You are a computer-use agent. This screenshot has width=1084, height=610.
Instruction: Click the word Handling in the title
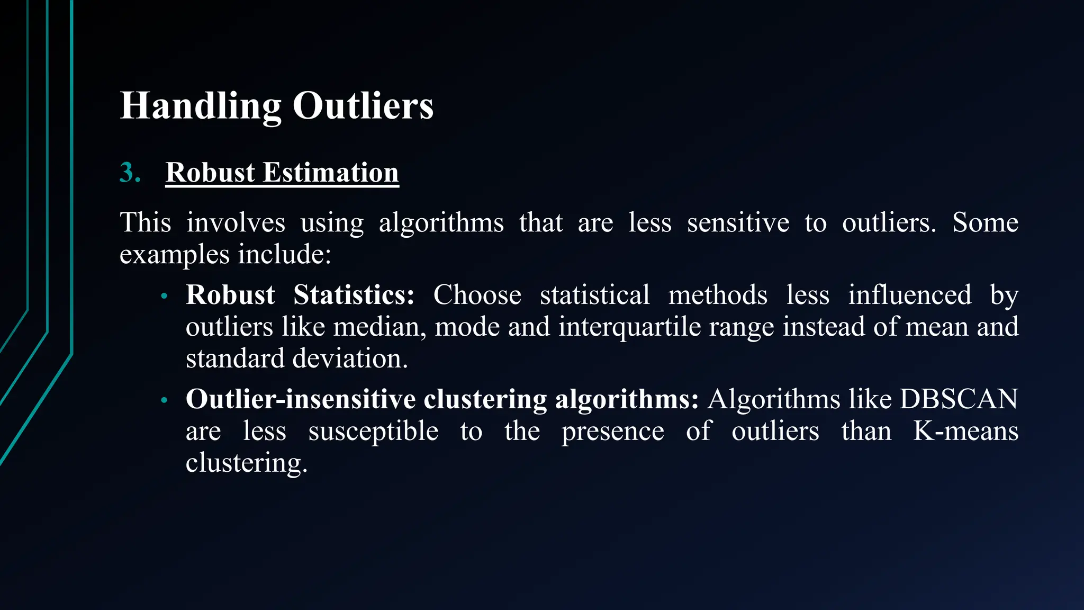point(200,106)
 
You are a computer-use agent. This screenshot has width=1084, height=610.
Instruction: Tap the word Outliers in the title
point(363,106)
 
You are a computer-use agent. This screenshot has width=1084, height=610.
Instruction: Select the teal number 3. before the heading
point(130,173)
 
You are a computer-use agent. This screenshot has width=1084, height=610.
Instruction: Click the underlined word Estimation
point(331,173)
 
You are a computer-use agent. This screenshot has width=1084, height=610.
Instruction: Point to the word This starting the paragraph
point(146,222)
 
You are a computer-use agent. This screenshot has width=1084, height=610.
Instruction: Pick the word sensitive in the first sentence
point(738,222)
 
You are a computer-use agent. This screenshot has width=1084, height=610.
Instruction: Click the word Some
point(985,222)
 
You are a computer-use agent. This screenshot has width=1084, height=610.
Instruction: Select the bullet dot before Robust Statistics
point(164,297)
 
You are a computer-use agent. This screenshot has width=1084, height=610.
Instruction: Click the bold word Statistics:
point(354,295)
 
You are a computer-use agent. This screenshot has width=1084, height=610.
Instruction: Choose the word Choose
point(477,295)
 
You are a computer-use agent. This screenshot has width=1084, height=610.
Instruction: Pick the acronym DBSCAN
point(959,399)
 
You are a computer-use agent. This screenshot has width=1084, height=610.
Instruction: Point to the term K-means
point(965,431)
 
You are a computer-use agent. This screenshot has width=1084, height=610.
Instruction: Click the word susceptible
point(373,431)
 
